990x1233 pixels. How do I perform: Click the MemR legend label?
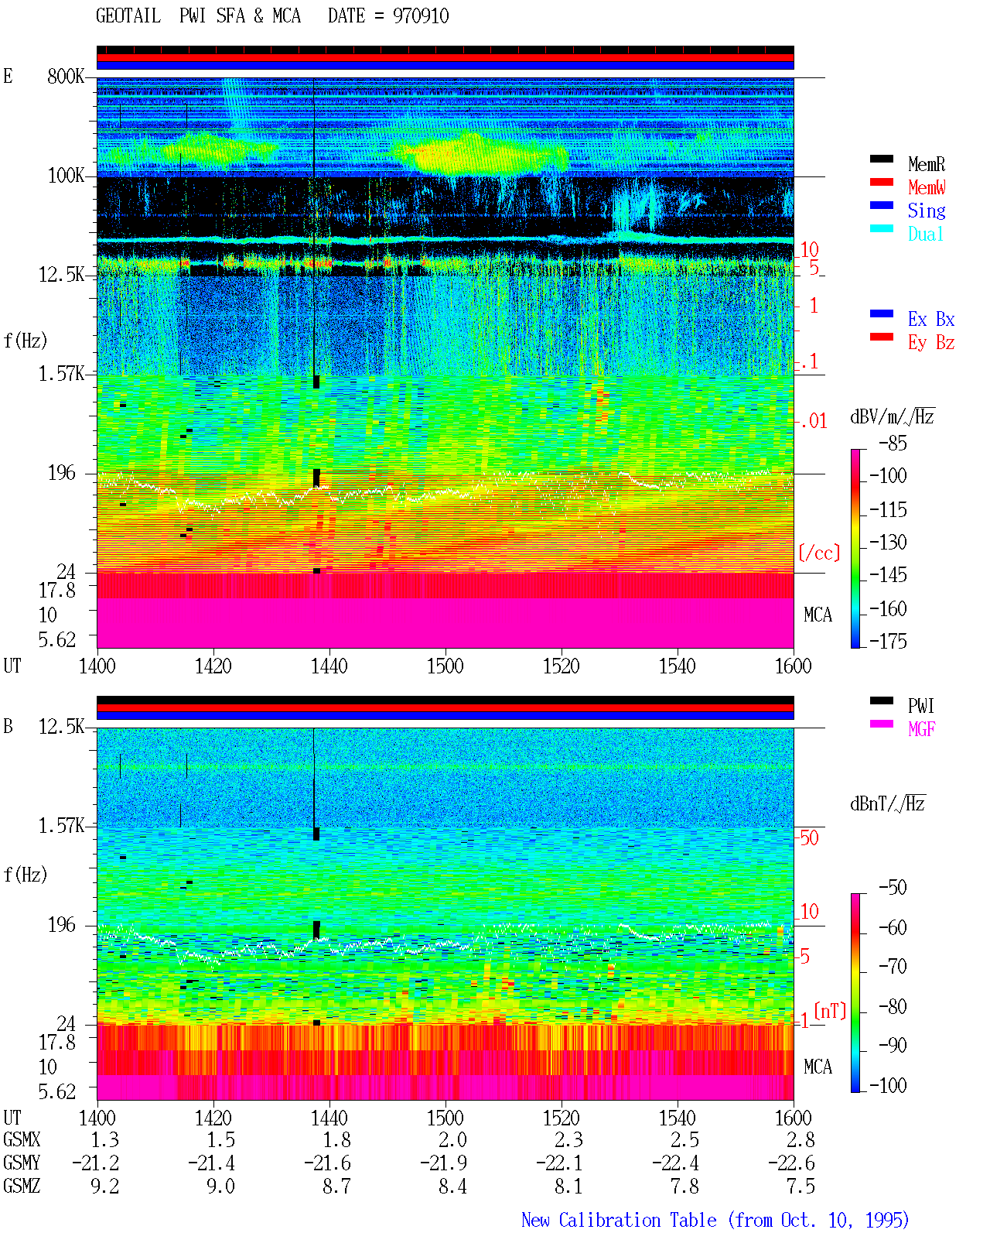tap(926, 164)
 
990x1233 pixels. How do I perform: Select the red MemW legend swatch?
tap(881, 182)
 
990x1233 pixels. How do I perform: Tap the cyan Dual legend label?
tap(925, 234)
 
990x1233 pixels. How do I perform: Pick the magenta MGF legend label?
tap(921, 729)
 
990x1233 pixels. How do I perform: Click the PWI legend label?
tap(920, 705)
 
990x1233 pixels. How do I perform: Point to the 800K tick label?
tap(66, 76)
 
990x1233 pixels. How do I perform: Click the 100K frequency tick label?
tap(66, 176)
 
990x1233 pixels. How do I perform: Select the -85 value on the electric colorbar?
tap(893, 443)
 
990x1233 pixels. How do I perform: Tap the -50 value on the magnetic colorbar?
tap(893, 888)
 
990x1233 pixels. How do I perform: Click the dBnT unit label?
tap(887, 804)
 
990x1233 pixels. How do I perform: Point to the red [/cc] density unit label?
tap(819, 553)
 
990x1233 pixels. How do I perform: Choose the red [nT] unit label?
tap(830, 1010)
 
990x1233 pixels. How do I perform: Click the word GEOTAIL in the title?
tap(128, 15)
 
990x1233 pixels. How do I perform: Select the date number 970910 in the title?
tap(421, 15)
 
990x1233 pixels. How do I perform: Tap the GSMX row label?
tap(22, 1139)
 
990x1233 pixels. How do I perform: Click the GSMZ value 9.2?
tap(104, 1186)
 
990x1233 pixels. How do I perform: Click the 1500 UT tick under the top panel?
tap(445, 666)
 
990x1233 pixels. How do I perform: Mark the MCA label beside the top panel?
tap(818, 615)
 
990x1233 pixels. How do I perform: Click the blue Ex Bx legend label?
tap(931, 319)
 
